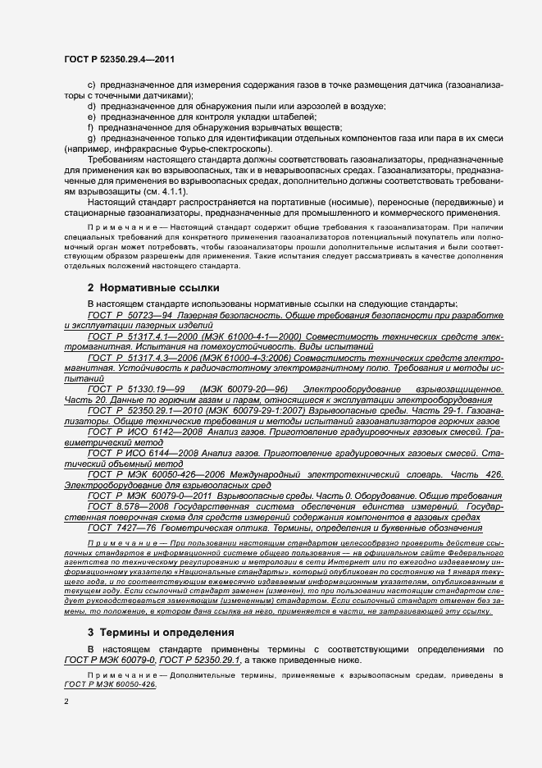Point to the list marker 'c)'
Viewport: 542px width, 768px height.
(91, 85)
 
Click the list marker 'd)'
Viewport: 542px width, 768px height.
(91, 106)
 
